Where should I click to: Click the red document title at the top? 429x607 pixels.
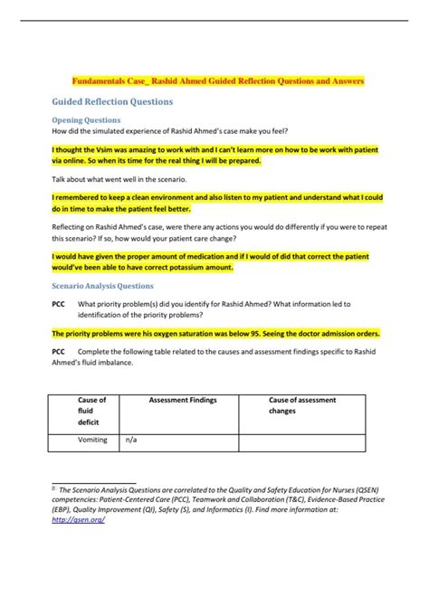(x=219, y=81)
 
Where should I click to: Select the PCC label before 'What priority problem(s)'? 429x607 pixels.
(x=57, y=303)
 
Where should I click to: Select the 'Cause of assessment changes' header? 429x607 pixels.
(x=302, y=404)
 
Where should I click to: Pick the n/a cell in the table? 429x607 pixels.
(x=131, y=440)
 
